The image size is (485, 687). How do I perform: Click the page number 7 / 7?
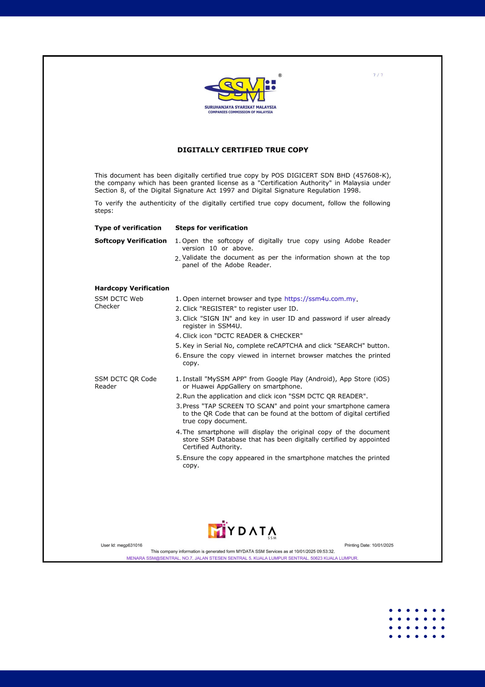pyautogui.click(x=378, y=75)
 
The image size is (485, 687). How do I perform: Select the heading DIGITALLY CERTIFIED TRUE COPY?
pyautogui.click(x=242, y=150)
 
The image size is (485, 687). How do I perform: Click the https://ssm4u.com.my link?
pyautogui.click(x=320, y=299)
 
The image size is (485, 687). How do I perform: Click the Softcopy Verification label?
pyautogui.click(x=130, y=241)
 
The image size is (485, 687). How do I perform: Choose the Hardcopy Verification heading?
pyautogui.click(x=132, y=288)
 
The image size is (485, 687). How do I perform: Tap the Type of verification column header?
pyautogui.click(x=128, y=228)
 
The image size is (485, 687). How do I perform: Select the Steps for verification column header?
pyautogui.click(x=212, y=228)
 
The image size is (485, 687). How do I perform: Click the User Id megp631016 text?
pyautogui.click(x=121, y=545)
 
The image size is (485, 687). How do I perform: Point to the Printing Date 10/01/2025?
pyautogui.click(x=369, y=545)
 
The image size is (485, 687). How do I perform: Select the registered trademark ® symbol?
pyautogui.click(x=280, y=75)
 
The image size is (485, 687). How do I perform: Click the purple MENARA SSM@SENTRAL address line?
pyautogui.click(x=242, y=558)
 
